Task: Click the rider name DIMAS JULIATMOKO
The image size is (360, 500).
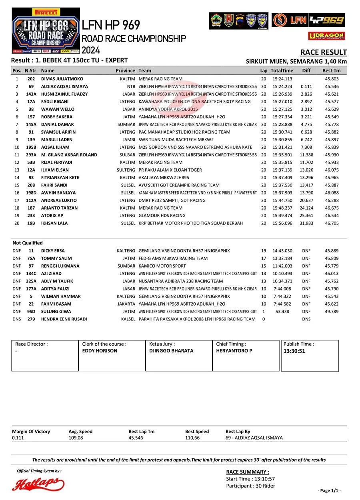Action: (x=62, y=79)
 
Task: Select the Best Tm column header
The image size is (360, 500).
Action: (x=331, y=70)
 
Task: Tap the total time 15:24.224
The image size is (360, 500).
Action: (x=282, y=86)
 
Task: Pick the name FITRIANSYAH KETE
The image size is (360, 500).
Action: (x=60, y=178)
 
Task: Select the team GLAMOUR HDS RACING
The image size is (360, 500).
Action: (x=162, y=216)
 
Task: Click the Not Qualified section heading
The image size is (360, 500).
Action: (x=28, y=243)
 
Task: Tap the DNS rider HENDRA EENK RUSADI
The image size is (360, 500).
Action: (x=64, y=319)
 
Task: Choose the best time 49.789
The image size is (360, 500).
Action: (x=332, y=312)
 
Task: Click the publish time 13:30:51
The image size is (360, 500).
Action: (x=294, y=351)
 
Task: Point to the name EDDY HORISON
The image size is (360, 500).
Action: (x=100, y=351)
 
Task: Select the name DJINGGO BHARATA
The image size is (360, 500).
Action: (x=171, y=351)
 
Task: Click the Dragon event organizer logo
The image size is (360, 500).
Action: (x=326, y=36)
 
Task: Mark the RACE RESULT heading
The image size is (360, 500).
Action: (x=323, y=52)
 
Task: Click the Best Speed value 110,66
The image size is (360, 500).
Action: (x=192, y=438)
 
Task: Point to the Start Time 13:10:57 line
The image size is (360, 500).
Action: (x=250, y=479)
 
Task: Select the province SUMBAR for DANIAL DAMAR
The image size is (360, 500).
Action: (x=126, y=124)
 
